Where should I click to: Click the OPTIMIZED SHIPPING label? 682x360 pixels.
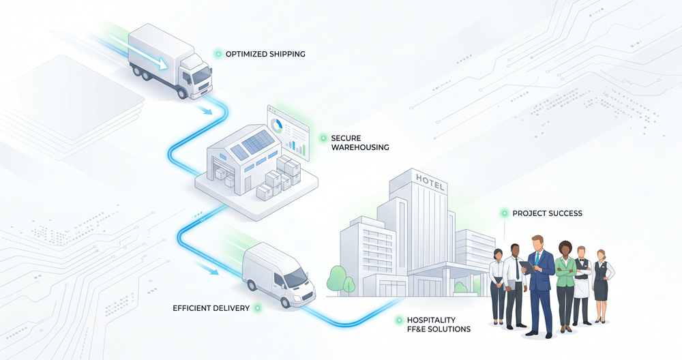[265, 54]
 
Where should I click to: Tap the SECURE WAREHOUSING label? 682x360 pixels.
[359, 142]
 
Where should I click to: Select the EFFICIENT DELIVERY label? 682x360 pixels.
[211, 308]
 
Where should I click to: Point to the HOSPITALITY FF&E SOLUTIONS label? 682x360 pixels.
[439, 325]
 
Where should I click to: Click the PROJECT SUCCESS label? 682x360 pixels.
[547, 213]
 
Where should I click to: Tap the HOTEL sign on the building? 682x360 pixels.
[430, 183]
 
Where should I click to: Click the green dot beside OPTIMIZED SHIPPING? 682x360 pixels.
[218, 54]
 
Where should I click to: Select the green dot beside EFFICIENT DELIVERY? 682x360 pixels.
[258, 308]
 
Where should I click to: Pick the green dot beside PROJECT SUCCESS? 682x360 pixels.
[505, 213]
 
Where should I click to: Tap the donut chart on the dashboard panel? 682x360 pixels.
[277, 125]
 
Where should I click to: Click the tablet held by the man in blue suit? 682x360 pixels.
[527, 267]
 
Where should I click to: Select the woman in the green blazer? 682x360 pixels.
[565, 286]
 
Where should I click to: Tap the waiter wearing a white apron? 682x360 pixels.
[582, 285]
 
